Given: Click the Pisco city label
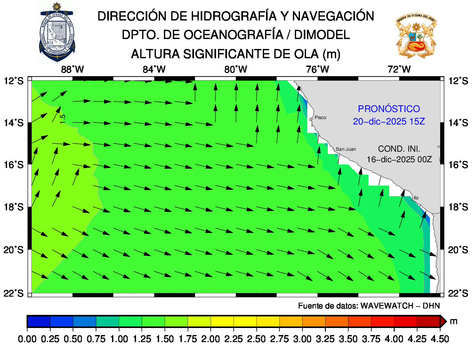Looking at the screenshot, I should pyautogui.click(x=320, y=117).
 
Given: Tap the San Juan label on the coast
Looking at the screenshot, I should pyautogui.click(x=346, y=149).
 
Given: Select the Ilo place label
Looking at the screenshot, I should pyautogui.click(x=416, y=198).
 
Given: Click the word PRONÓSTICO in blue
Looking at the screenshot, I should pyautogui.click(x=389, y=109).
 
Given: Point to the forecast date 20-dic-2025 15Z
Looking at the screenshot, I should pyautogui.click(x=389, y=122).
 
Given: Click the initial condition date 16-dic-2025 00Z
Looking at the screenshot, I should pyautogui.click(x=399, y=159).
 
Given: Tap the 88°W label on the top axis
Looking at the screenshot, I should pyautogui.click(x=72, y=69).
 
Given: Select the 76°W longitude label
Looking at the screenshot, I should pyautogui.click(x=317, y=69).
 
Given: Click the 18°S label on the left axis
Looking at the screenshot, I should pyautogui.click(x=14, y=207).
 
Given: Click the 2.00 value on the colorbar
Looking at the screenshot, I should pyautogui.click(x=211, y=339).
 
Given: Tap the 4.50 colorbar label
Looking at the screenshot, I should pyautogui.click(x=440, y=339).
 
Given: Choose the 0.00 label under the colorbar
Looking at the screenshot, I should pyautogui.click(x=27, y=339).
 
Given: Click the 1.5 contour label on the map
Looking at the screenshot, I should pyautogui.click(x=63, y=119).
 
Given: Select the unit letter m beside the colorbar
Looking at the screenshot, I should pyautogui.click(x=453, y=321).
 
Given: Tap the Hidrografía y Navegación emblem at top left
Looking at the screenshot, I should pyautogui.click(x=57, y=32).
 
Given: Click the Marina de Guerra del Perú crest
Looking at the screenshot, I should pyautogui.click(x=416, y=35).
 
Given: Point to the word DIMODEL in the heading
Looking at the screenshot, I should pyautogui.click(x=322, y=35).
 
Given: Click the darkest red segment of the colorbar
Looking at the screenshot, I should pyautogui.click(x=428, y=321).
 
